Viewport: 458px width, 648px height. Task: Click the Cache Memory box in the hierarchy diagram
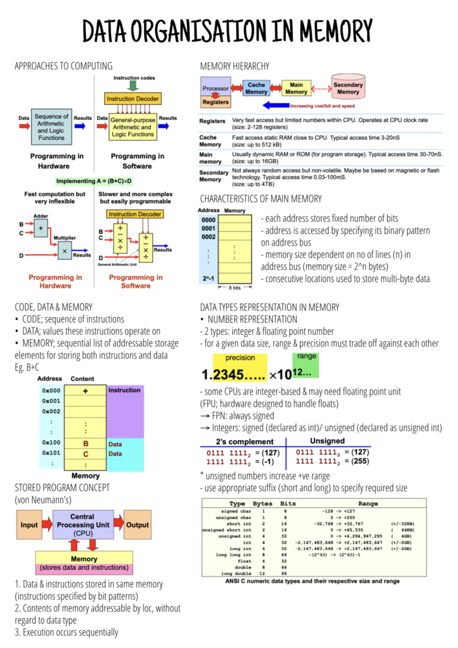coord(256,88)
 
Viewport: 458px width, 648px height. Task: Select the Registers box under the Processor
coord(215,102)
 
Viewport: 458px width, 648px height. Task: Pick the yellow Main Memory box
coord(296,88)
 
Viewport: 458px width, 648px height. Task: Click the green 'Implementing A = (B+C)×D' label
coord(94,181)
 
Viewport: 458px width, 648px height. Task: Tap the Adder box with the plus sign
coord(40,228)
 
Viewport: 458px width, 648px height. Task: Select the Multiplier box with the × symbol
coord(65,251)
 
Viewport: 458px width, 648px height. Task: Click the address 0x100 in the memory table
coord(51,442)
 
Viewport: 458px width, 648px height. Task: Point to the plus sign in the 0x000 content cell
coord(85,391)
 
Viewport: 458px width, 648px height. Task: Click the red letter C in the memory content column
coord(85,454)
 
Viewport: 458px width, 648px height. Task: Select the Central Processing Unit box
coord(83,524)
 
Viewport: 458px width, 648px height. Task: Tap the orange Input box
coord(29,525)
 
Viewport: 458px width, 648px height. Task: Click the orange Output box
coord(137,525)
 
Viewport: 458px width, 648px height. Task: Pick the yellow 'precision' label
coord(240,358)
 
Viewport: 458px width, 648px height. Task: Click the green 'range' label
coord(306,356)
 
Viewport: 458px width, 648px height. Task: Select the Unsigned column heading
coord(327,441)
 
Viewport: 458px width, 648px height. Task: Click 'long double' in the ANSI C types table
coord(236,573)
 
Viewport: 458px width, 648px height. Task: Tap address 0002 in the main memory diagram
coord(208,237)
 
